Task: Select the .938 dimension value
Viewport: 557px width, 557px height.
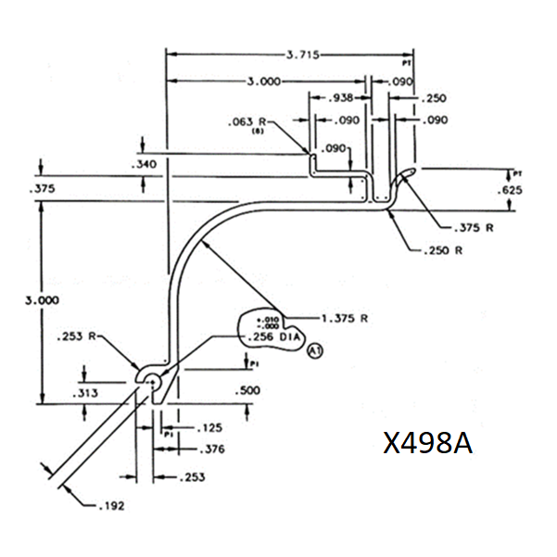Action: (340, 99)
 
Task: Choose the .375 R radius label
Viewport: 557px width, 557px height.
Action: (474, 228)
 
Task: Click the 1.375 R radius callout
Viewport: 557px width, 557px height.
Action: (345, 318)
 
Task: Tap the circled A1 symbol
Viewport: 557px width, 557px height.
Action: (315, 350)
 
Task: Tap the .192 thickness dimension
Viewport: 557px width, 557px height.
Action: (110, 506)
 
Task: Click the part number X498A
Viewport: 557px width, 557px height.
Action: (428, 445)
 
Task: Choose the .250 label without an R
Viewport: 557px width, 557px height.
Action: (435, 99)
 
